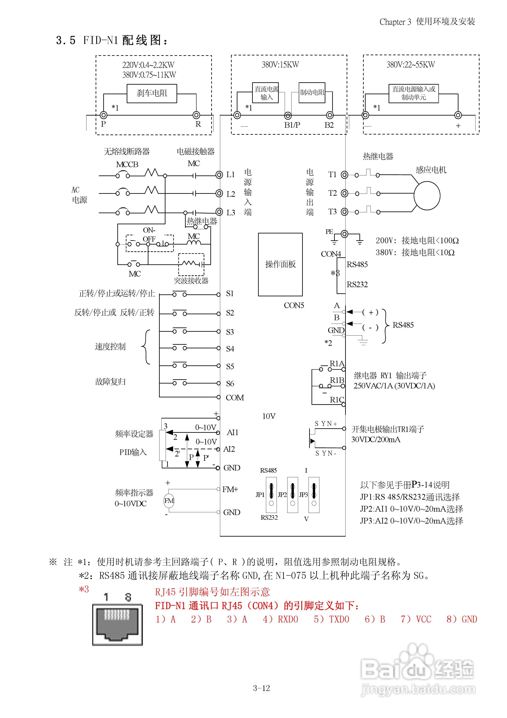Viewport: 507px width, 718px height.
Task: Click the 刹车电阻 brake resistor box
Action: coord(152,93)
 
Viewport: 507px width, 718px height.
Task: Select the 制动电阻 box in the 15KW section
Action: coord(312,93)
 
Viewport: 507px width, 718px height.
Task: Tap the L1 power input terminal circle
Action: coord(219,175)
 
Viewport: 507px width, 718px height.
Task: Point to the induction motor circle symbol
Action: coord(427,195)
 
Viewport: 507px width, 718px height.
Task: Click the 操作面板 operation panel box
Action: coord(280,264)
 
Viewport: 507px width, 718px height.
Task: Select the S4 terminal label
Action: coord(230,349)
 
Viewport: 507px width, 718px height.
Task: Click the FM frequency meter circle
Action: coord(169,501)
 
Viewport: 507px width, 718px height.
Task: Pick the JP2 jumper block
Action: coord(292,495)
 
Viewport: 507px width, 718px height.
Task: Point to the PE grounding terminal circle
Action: coord(344,234)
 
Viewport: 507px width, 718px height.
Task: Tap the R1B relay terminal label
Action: coord(337,380)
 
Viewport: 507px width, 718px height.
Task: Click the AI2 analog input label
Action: coord(229,449)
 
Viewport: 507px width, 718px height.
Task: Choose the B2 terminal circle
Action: coord(330,115)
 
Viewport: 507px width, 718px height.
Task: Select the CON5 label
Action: coord(294,305)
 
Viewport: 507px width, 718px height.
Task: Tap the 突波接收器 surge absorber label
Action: coord(191,281)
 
